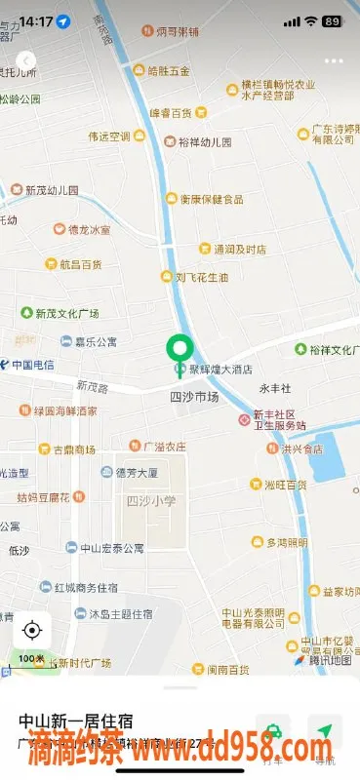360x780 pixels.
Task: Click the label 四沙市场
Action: click(194, 397)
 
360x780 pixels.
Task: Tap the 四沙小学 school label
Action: click(151, 500)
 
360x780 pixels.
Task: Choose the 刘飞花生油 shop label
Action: click(202, 277)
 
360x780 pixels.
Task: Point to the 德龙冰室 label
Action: click(88, 230)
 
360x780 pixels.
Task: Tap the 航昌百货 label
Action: click(79, 264)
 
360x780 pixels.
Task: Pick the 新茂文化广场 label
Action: click(67, 314)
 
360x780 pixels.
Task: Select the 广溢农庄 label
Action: click(164, 447)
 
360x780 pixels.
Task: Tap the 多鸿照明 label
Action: click(286, 542)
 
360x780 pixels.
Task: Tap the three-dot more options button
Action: click(335, 60)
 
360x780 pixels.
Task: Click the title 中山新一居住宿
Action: click(75, 721)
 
